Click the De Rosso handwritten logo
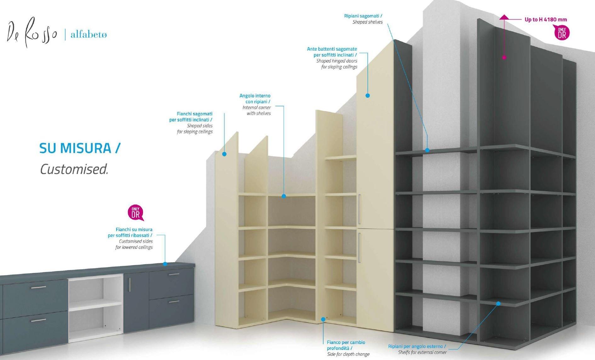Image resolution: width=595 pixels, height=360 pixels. pos(31,33)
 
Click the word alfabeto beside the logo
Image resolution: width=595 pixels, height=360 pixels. pos(89,34)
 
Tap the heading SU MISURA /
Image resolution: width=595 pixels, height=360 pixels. pos(80,148)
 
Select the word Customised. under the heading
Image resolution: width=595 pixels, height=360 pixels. pos(74,169)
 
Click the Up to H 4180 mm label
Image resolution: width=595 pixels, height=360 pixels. pos(546,20)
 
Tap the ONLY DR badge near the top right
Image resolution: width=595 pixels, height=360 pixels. pos(562,33)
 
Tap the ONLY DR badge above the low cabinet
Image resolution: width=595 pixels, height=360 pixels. pos(135,213)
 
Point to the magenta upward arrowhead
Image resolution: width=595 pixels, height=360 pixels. pos(504,17)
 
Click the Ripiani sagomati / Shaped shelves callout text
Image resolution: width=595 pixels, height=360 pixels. pos(363,19)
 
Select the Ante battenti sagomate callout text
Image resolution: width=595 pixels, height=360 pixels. pos(332,58)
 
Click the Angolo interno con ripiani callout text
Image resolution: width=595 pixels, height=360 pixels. pos(255,104)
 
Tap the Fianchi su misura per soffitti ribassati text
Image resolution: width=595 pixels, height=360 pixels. pos(130,238)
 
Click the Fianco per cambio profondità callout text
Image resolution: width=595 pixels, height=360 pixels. pos(346,348)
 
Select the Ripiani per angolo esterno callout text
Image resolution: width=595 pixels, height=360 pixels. pos(417,349)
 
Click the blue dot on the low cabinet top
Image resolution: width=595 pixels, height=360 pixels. pos(165,264)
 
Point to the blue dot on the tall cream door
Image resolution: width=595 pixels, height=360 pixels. pos(367,96)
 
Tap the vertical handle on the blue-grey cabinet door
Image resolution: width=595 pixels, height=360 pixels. pos(129,285)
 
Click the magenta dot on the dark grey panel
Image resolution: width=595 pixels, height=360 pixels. pos(504,57)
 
